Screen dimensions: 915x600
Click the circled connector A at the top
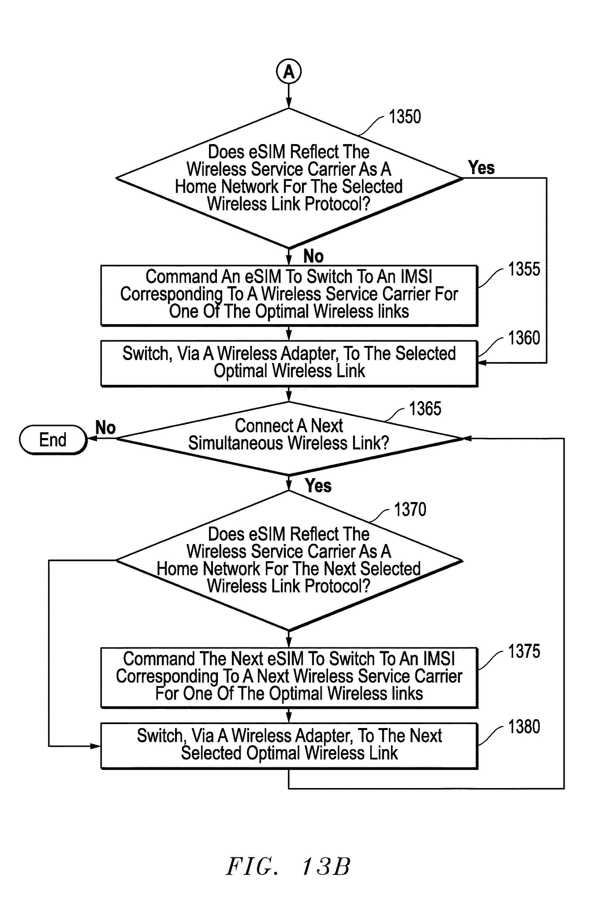tap(289, 72)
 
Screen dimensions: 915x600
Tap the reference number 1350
tap(405, 116)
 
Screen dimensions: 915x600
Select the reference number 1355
tap(524, 269)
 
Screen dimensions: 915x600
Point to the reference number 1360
tap(524, 338)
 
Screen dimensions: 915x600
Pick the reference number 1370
tap(410, 509)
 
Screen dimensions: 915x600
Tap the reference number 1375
tap(524, 651)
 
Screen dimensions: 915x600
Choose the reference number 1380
tap(524, 727)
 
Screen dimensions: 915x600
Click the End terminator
tap(53, 440)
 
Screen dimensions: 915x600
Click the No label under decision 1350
tap(313, 256)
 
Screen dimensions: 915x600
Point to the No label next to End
tap(105, 428)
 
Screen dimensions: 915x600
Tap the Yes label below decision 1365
tap(318, 486)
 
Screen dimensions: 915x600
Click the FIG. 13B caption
tap(288, 867)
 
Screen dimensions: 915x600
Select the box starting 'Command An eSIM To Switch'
tap(289, 295)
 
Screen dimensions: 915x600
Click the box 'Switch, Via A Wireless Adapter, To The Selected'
tap(289, 363)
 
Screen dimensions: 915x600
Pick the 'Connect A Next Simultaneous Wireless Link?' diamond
tap(289, 438)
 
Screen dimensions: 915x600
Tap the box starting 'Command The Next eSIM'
tap(289, 677)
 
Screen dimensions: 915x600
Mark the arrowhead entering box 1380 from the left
tap(96, 746)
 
